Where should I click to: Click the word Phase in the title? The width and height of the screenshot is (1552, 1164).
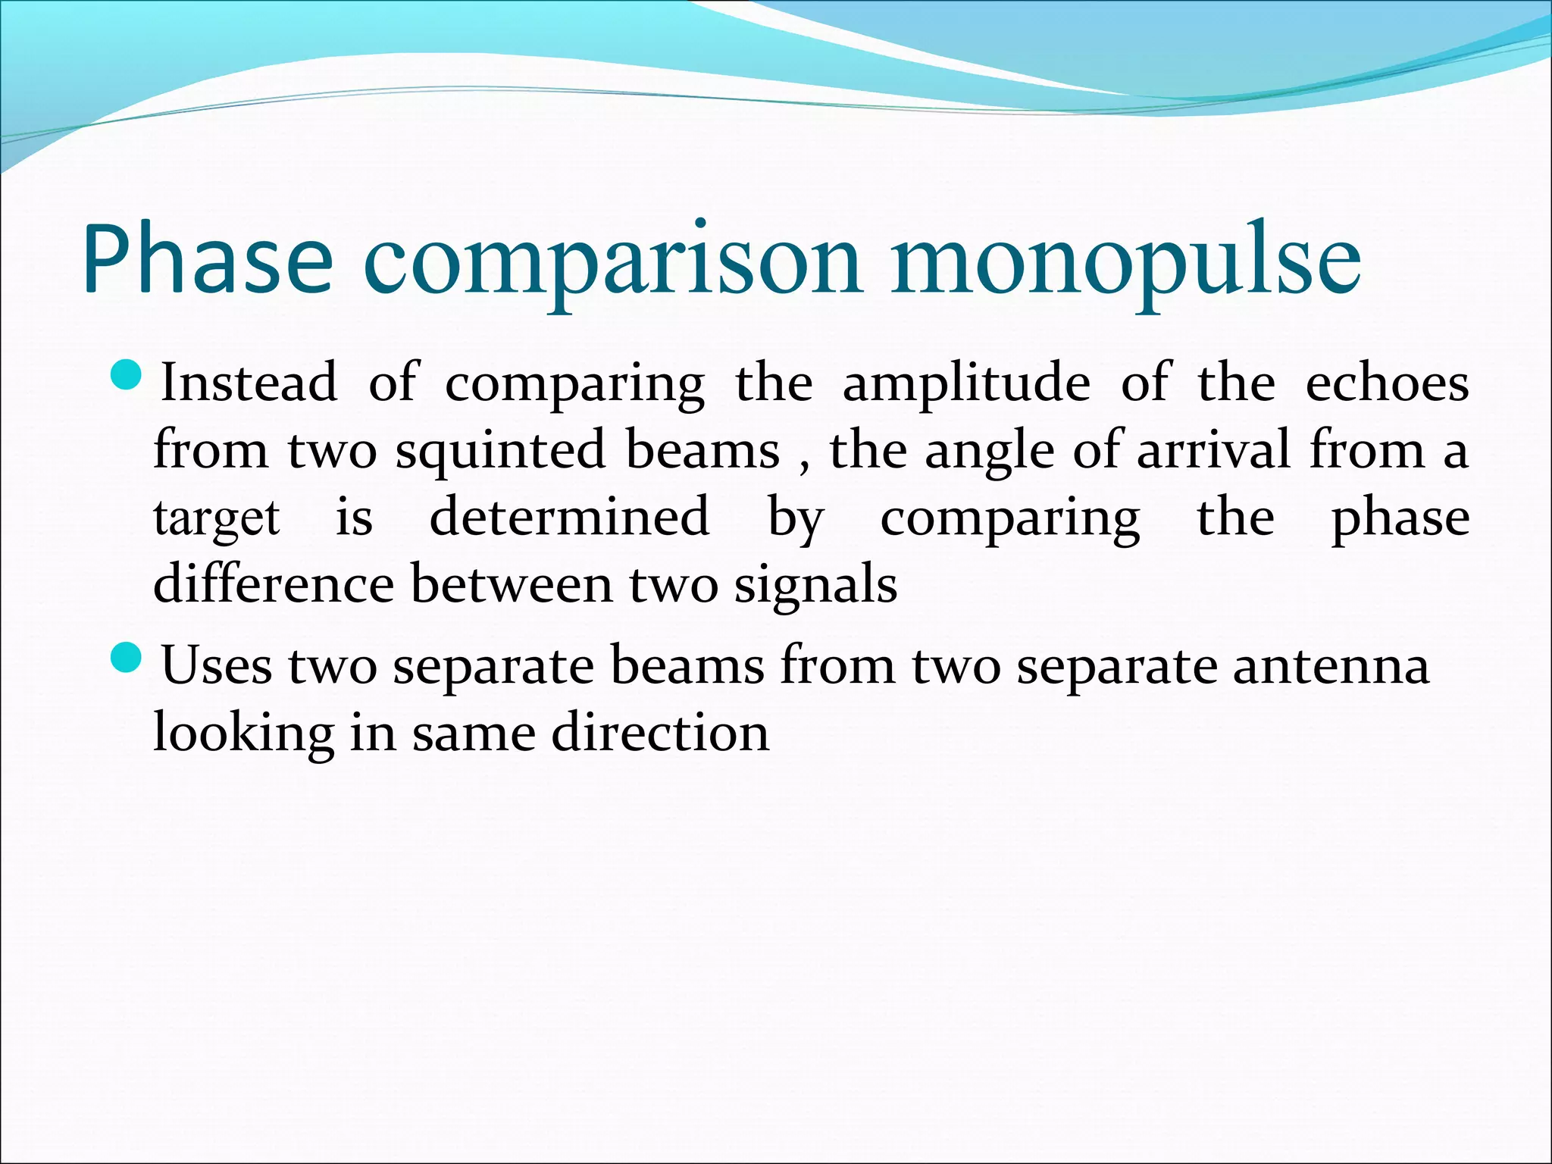pos(207,258)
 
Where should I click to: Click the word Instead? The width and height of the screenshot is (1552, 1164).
pos(249,382)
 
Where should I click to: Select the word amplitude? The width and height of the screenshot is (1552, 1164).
pos(966,383)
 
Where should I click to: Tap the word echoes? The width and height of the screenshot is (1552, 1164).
pos(1387,382)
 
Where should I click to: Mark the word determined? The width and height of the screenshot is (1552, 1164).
pos(569,516)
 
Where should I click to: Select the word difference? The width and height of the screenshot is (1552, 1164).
pos(274,584)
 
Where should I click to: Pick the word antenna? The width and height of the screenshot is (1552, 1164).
pos(1331,665)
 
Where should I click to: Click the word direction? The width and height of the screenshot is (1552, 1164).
pos(660,733)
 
